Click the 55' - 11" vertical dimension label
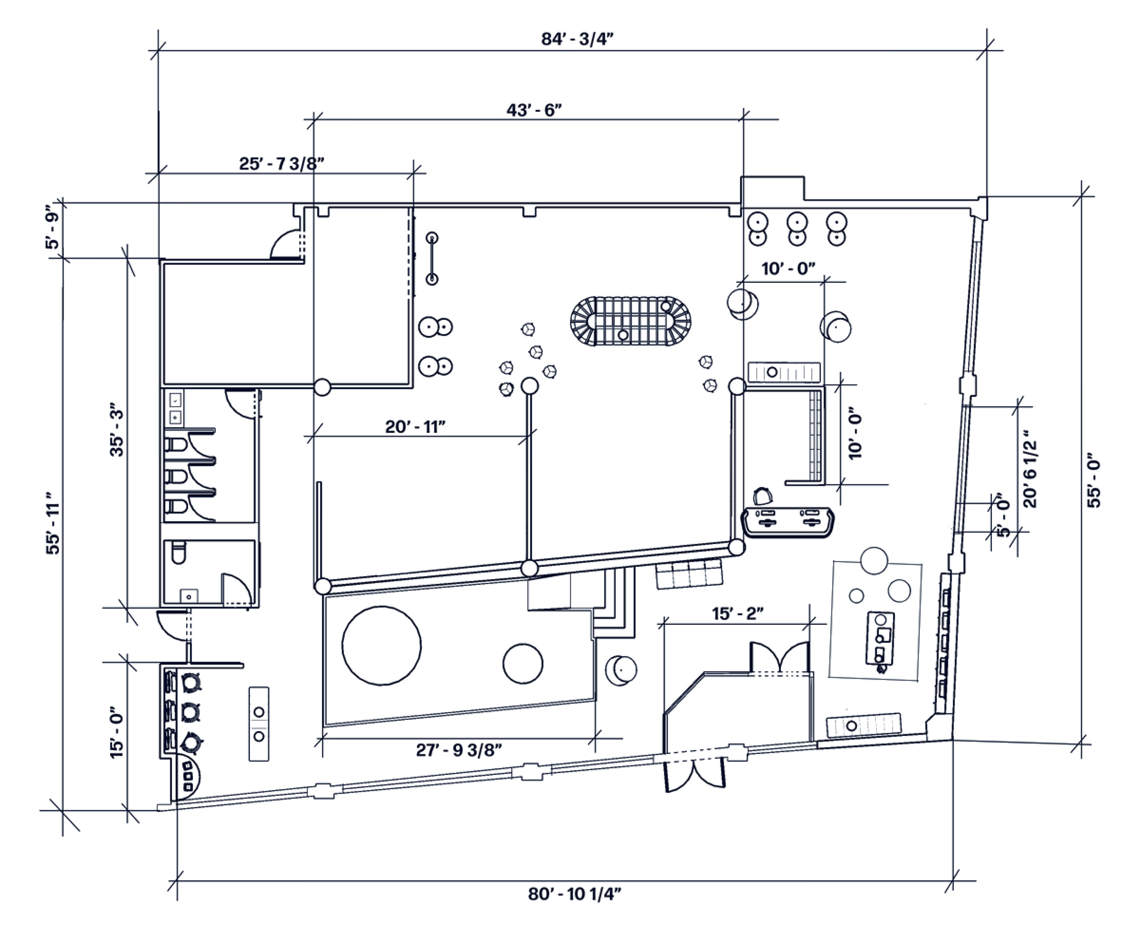54,523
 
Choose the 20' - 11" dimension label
415,427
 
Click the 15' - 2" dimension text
738,614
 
